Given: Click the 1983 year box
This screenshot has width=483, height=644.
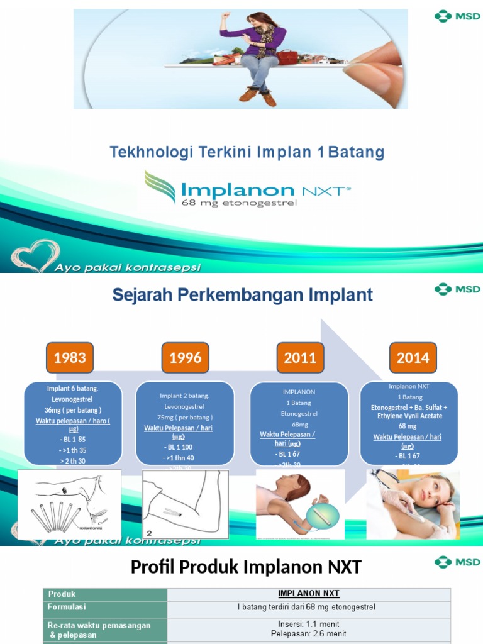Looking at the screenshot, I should pos(70,358).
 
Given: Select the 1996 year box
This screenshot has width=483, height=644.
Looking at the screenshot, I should pos(185,358).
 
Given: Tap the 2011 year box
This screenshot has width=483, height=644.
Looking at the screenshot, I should pos(300,358).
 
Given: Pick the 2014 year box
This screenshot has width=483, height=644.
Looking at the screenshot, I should pos(413,358).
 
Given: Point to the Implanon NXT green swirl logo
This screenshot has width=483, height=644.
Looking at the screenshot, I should pos(160,187).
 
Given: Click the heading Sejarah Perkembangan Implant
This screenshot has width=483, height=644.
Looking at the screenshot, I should pos(242,295).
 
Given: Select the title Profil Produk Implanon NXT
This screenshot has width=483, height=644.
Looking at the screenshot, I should pos(246,567).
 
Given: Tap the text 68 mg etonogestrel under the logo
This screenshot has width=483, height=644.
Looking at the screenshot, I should pos(239,203).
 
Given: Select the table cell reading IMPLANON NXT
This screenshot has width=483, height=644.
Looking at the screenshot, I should pos(308,594).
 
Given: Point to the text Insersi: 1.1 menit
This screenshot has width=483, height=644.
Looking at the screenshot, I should pos(308,625).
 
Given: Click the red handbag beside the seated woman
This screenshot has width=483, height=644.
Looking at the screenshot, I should pos(287,57).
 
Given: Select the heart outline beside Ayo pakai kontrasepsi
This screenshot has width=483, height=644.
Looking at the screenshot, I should pos(36,255).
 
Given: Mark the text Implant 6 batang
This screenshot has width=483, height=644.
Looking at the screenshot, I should pos(73,388).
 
